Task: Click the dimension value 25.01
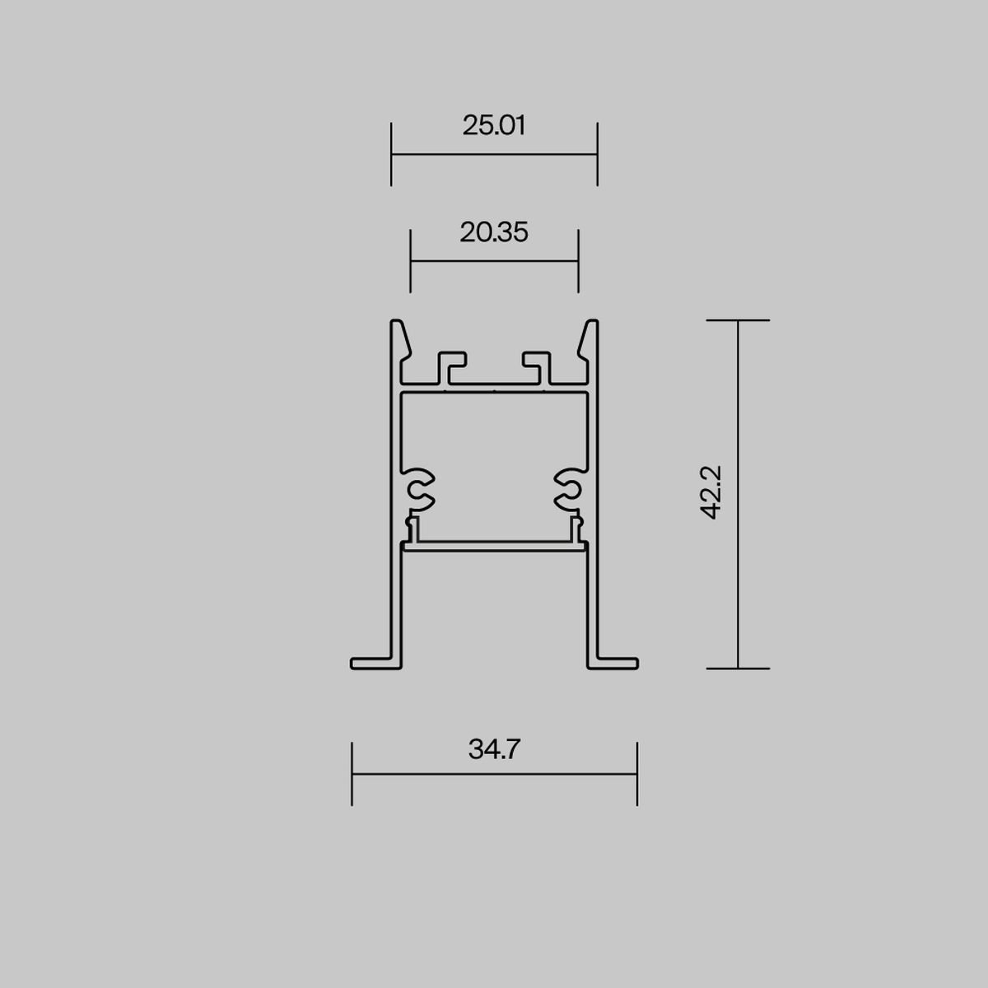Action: [494, 126]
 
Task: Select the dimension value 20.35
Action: [494, 232]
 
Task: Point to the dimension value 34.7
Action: [494, 749]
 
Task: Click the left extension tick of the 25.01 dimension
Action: [391, 154]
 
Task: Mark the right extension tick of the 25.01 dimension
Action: [597, 154]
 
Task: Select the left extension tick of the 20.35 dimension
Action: [410, 261]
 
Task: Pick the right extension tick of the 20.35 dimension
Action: [578, 261]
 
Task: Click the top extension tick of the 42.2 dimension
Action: [738, 320]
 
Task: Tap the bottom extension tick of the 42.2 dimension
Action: [738, 669]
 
